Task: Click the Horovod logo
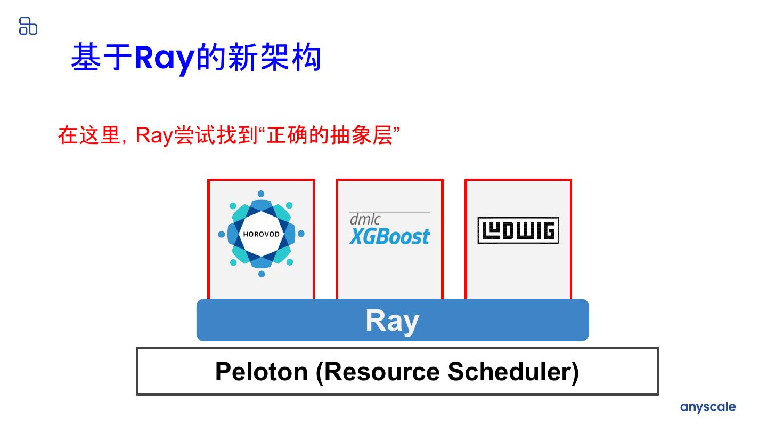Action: (x=261, y=234)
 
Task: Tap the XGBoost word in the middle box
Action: (x=390, y=236)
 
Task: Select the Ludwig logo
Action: (x=518, y=230)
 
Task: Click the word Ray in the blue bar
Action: (x=392, y=321)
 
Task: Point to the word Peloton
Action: (x=261, y=371)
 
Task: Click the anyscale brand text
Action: (x=707, y=407)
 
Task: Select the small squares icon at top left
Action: (x=28, y=26)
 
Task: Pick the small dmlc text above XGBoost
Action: (x=365, y=219)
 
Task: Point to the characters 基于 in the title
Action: (x=101, y=58)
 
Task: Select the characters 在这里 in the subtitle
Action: (x=88, y=135)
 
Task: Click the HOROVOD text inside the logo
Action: (x=261, y=234)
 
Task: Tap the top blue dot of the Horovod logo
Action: (x=261, y=194)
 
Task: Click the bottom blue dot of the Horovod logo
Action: (x=262, y=274)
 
